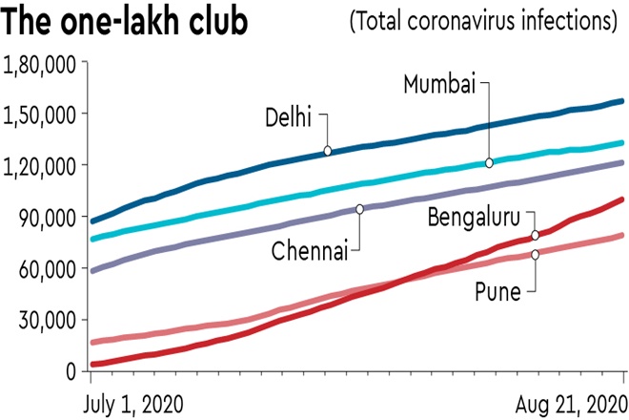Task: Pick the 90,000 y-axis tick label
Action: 46,217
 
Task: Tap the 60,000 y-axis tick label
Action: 46,268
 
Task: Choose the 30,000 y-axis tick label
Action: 46,320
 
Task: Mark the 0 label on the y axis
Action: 69,370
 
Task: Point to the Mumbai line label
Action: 438,85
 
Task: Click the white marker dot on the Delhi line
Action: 328,151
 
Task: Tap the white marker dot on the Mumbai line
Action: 489,163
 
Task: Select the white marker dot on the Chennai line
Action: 359,209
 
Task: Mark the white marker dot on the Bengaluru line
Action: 536,235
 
